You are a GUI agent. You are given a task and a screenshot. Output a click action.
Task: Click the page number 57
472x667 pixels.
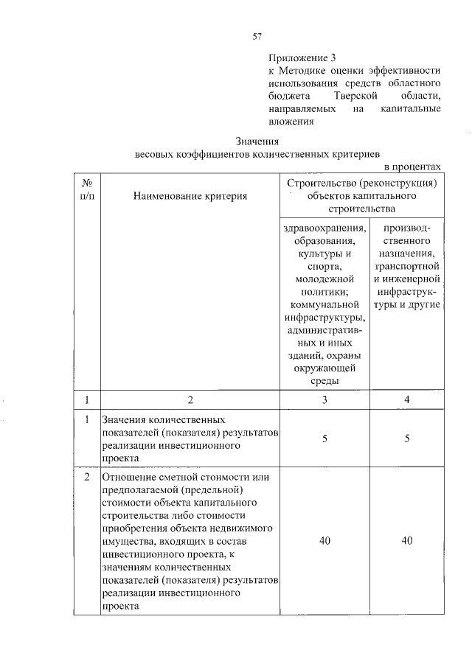(x=257, y=35)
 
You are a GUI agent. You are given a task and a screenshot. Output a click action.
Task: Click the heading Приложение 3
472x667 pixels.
(x=302, y=57)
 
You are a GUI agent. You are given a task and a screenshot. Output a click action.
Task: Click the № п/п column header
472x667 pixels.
(x=87, y=189)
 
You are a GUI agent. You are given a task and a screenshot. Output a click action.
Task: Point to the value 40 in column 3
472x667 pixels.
(x=324, y=541)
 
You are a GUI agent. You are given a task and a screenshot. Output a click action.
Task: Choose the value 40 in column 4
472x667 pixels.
(x=406, y=541)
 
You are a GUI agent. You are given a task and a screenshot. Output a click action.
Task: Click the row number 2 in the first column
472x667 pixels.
(x=87, y=477)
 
